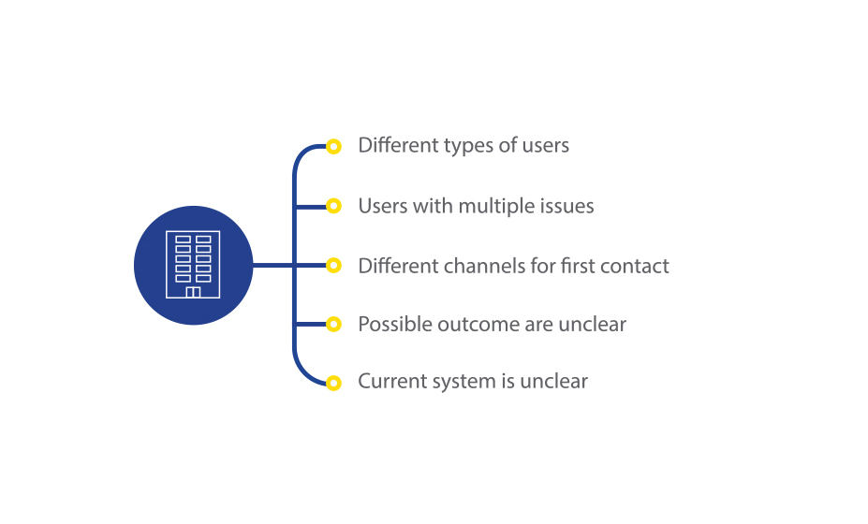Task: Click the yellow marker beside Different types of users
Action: tap(333, 147)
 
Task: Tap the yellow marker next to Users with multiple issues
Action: tap(333, 206)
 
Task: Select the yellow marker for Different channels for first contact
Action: tap(333, 266)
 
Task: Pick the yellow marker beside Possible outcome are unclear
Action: tap(333, 325)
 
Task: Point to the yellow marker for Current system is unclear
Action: tap(333, 383)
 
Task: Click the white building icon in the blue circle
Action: tap(193, 265)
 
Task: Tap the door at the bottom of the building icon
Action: tap(193, 292)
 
